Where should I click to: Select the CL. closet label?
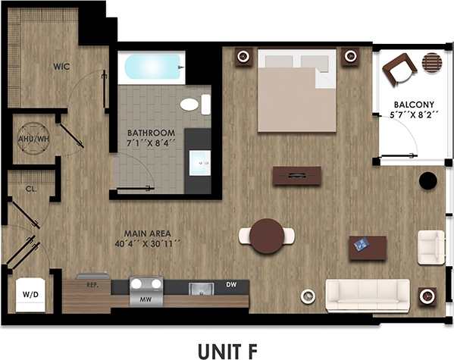coord(32,188)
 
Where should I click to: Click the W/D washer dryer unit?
coord(29,294)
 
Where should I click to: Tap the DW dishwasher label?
coord(231,286)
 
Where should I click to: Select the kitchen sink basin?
coord(201,287)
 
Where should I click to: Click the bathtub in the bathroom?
coord(154,67)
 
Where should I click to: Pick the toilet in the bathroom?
coord(190,105)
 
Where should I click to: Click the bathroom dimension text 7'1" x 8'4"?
coord(152,142)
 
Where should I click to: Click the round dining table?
coord(268,236)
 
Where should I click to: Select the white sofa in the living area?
coord(367,295)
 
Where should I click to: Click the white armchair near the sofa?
coord(431,247)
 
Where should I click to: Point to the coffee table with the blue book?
coord(367,246)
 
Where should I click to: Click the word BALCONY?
coord(413,105)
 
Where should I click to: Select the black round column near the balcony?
coord(427,181)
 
